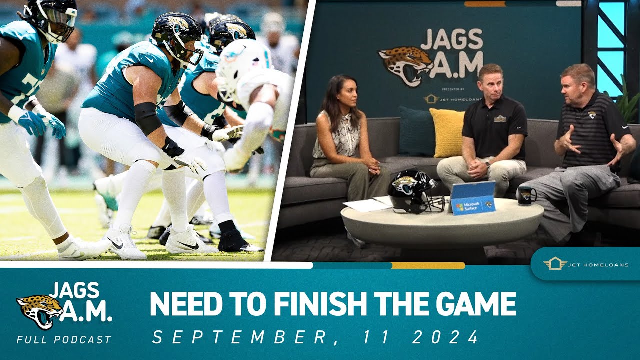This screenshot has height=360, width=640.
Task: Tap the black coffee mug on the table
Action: tap(526, 195)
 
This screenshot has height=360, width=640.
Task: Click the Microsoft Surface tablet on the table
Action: tap(473, 197)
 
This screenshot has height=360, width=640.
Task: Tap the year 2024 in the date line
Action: tap(446, 337)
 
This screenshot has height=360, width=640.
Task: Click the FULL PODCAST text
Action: tap(64, 340)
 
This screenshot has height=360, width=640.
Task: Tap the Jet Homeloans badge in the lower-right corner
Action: tap(585, 264)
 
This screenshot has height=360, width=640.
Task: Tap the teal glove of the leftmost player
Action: tap(32, 123)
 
